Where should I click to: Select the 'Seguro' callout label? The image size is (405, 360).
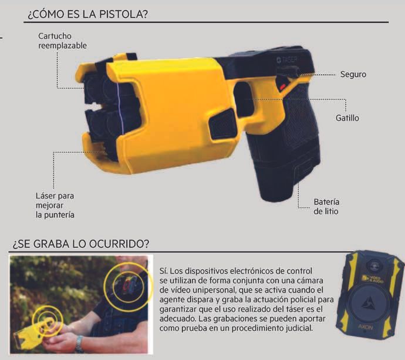(353, 75)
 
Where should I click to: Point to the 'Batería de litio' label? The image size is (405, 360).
(326, 206)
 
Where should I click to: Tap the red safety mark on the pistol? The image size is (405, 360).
(283, 88)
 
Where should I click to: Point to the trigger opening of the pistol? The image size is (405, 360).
(245, 100)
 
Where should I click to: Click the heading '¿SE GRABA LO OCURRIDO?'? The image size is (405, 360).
(80, 244)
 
